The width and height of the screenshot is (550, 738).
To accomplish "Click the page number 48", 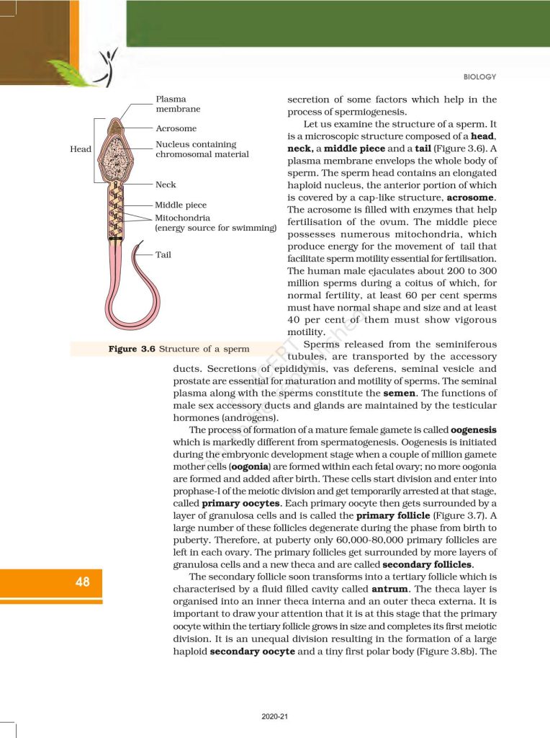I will click(83, 582).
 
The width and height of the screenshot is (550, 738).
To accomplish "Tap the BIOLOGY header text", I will click(479, 77).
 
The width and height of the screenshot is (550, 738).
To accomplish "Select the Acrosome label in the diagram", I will click(176, 128).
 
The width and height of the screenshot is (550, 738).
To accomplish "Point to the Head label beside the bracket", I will click(81, 149).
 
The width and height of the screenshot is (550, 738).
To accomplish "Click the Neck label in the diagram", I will click(166, 185).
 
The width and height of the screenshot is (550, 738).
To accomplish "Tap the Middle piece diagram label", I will click(181, 205).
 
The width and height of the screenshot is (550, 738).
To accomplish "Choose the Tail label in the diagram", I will click(163, 255).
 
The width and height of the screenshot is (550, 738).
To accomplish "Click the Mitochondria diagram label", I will click(182, 217).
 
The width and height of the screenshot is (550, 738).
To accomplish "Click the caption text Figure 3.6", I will click(132, 349).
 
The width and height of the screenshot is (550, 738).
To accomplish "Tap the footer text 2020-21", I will click(275, 716).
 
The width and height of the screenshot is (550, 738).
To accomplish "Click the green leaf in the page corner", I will click(72, 72).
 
